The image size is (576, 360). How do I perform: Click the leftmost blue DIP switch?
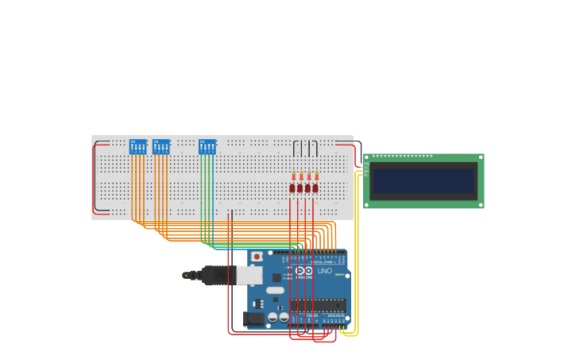137,147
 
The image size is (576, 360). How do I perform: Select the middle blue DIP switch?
161,147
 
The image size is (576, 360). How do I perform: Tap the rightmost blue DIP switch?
207,147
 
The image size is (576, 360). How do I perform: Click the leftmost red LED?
292,188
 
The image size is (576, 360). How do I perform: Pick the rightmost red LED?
315,188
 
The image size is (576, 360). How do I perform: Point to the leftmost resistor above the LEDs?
293,176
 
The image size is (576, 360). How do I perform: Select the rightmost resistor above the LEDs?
317,176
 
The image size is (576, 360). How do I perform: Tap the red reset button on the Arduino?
257,257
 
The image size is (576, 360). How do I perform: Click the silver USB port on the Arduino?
249,275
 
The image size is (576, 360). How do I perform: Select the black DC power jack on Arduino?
253,319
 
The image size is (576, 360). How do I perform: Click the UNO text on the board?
324,271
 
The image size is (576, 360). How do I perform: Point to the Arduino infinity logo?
304,270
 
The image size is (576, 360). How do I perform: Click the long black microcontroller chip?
317,305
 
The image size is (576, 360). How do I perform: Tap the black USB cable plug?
215,275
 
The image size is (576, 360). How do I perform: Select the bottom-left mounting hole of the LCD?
366,205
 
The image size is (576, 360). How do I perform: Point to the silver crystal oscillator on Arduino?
275,290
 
